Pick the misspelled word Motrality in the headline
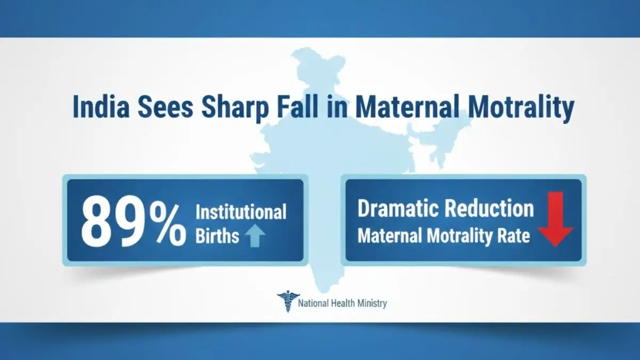pyautogui.click(x=522, y=107)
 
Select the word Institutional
pyautogui.click(x=241, y=212)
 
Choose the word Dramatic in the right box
pyautogui.click(x=397, y=209)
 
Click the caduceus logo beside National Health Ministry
pyautogui.click(x=287, y=302)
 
